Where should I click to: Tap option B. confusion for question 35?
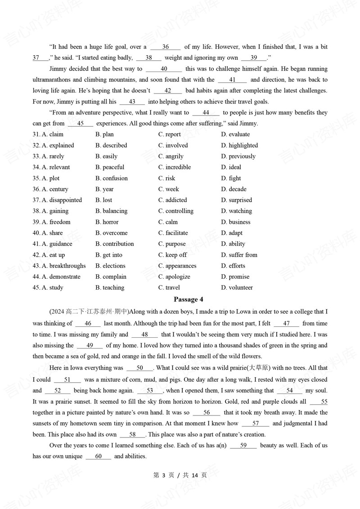click(112, 178)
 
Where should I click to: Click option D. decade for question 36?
click(234, 189)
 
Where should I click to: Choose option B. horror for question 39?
click(107, 222)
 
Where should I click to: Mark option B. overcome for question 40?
click(112, 233)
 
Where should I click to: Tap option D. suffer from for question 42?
click(239, 255)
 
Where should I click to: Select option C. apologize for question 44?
click(174, 277)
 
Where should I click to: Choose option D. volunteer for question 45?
click(237, 288)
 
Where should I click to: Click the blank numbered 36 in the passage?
click(165, 47)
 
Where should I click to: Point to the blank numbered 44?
click(206, 113)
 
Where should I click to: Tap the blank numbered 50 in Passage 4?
click(139, 368)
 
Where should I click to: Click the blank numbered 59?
click(243, 446)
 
